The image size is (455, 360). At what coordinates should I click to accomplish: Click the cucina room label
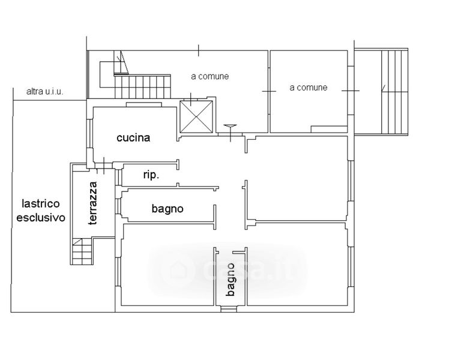tap(133, 137)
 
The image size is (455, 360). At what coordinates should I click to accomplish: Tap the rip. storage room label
tap(151, 175)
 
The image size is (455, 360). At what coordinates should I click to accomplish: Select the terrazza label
tap(93, 203)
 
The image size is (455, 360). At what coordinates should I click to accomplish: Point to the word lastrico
tap(41, 203)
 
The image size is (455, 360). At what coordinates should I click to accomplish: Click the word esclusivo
tap(41, 217)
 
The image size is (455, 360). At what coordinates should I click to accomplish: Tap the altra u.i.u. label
tap(44, 92)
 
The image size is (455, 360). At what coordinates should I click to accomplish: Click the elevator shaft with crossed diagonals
tap(196, 116)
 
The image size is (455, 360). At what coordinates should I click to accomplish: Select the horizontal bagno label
tap(167, 209)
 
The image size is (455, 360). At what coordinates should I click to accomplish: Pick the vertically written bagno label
tap(231, 280)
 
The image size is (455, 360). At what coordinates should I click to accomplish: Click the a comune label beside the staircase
tap(210, 76)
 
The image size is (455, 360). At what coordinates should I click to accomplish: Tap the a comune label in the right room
tap(308, 88)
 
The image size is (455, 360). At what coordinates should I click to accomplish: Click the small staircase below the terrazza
tap(82, 251)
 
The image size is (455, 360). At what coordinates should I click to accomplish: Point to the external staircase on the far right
tap(394, 92)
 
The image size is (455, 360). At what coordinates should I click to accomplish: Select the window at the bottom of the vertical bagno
tap(228, 309)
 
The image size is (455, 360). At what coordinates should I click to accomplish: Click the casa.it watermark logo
tap(227, 270)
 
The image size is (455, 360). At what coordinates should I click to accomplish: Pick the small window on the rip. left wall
tap(118, 177)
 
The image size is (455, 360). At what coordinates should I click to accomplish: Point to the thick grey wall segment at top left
tap(88, 74)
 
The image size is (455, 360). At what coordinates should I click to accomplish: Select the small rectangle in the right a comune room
tap(329, 129)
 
